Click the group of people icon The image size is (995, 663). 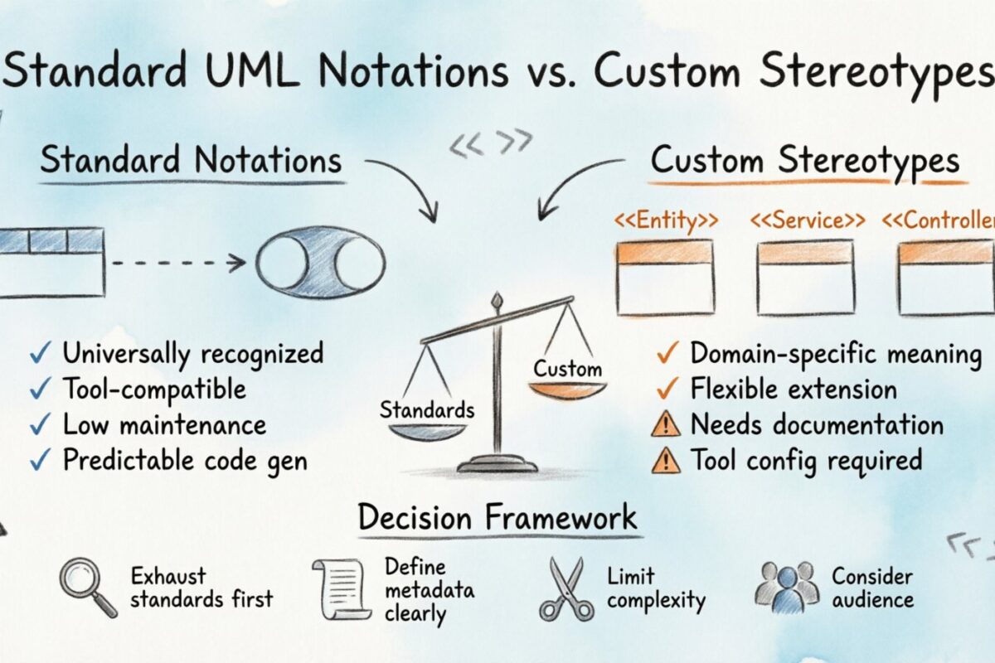pos(786,587)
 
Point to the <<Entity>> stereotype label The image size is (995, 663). pos(665,221)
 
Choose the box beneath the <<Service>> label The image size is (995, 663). pos(805,278)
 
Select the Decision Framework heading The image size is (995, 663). pos(498,518)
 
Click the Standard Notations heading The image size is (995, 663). pos(191,159)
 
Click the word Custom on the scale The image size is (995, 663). pos(567,369)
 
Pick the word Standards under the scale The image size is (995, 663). pos(427,409)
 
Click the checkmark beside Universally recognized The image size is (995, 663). pos(39,354)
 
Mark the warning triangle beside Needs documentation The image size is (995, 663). pos(666,425)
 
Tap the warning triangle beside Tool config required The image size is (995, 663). pos(666,460)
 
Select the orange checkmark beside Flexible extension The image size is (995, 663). pos(666,390)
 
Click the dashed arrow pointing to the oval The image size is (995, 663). pos(178,264)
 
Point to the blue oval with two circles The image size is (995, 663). pos(320,264)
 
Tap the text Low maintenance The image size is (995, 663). pos(164,425)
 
